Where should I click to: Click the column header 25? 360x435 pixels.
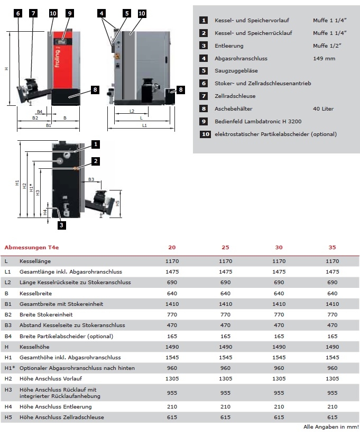[x=225, y=247]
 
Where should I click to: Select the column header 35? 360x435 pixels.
[x=333, y=247]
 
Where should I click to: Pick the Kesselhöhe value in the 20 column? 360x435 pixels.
[x=172, y=347]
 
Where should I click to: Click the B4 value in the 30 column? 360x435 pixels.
[x=279, y=336]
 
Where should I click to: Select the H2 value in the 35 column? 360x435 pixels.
[x=333, y=378]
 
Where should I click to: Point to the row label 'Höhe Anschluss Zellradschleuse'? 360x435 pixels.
[x=62, y=418]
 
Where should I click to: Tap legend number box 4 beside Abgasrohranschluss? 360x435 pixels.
[x=204, y=58]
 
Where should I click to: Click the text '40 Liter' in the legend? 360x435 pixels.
[x=323, y=109]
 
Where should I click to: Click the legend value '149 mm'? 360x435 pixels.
[x=324, y=58]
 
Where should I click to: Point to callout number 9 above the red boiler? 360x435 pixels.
[x=70, y=13]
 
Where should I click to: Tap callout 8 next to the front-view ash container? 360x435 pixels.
[x=95, y=90]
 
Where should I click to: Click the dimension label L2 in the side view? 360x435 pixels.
[x=132, y=112]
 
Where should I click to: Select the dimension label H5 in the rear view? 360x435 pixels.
[x=118, y=202]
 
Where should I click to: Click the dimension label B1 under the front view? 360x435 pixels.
[x=48, y=126]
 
